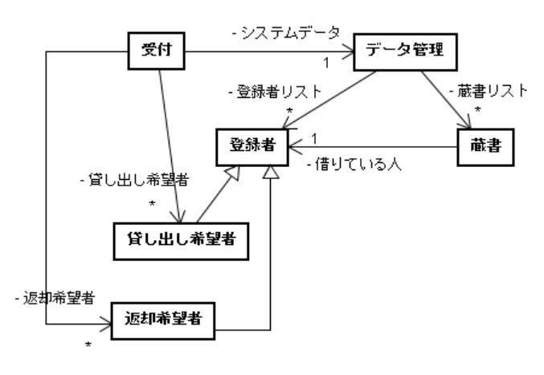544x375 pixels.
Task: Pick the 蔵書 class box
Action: click(485, 148)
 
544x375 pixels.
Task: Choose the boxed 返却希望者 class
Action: click(165, 317)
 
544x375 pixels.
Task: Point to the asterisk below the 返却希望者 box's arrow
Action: click(89, 344)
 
